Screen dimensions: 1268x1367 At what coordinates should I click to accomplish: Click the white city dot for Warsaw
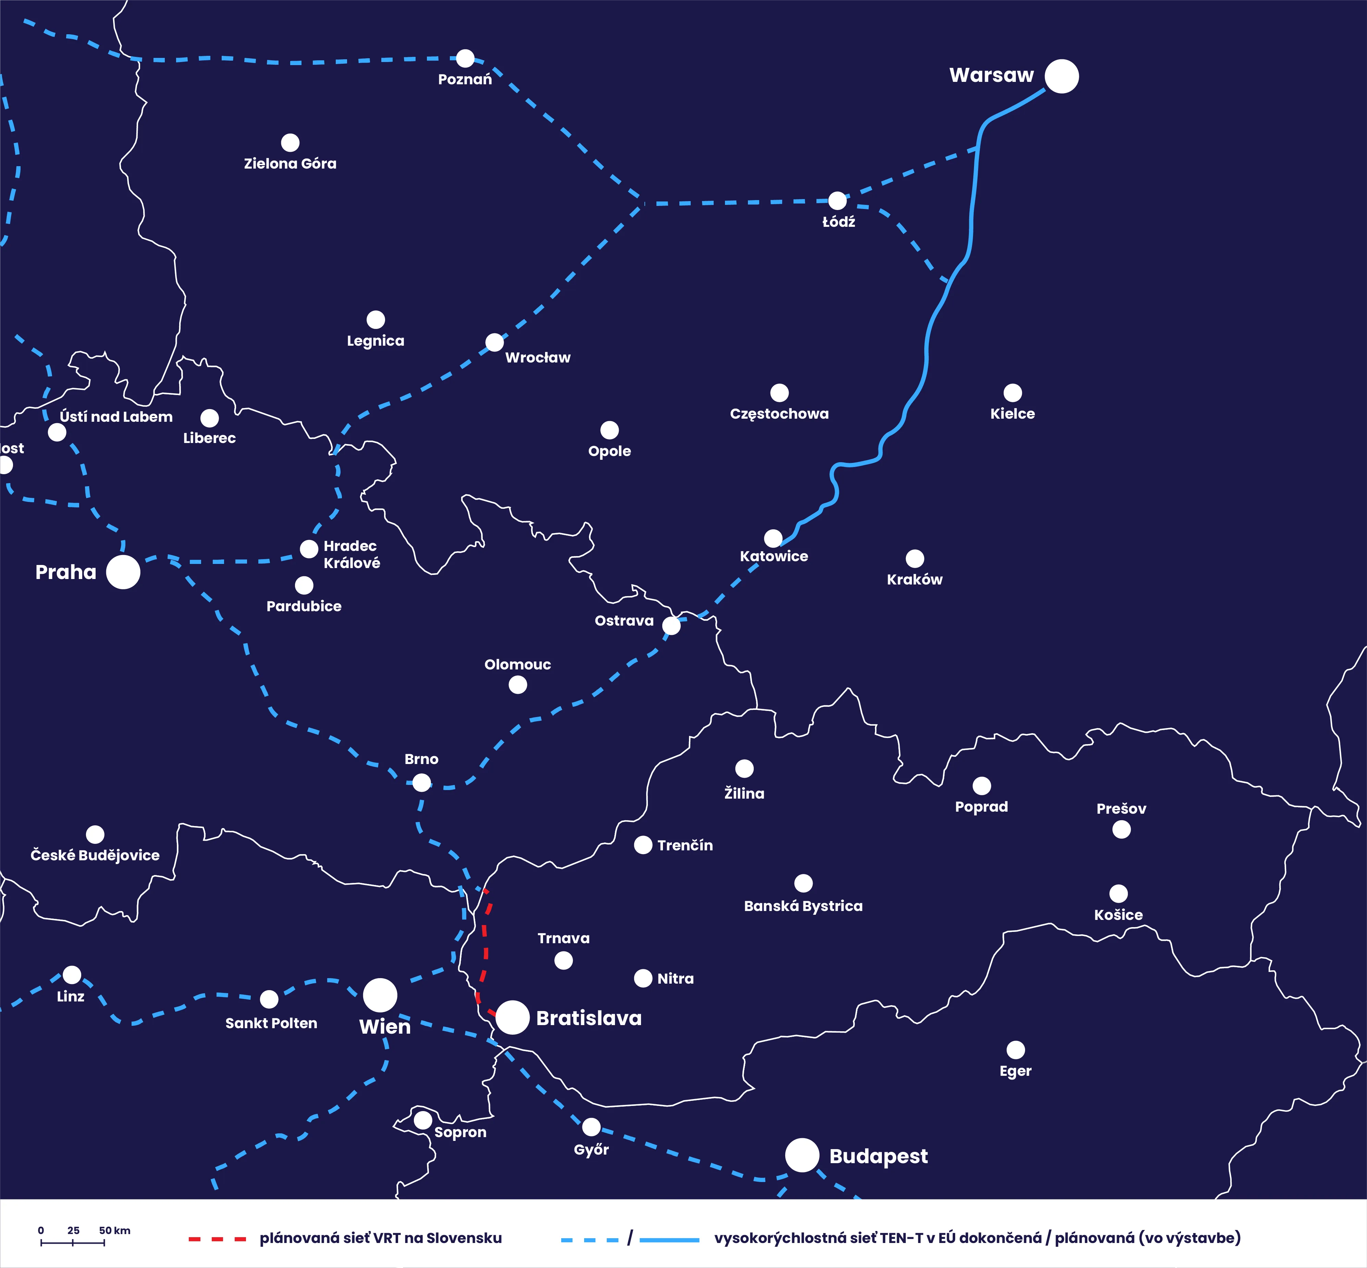pos(1062,76)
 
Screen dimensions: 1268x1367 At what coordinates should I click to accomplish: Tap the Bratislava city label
pos(589,1018)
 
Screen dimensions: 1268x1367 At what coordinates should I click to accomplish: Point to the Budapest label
pos(878,1156)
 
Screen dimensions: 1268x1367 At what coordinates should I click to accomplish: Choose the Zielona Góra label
pos(290,163)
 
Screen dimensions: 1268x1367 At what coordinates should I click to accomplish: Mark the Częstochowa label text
pos(779,414)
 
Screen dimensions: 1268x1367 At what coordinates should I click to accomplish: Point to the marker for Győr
pos(591,1127)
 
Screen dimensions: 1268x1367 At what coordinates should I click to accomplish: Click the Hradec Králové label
pos(352,554)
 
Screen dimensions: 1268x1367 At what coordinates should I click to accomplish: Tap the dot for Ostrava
pos(671,625)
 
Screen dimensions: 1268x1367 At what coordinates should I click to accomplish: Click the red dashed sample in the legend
pos(217,1239)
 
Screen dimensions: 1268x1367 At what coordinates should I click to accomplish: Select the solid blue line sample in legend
pos(669,1239)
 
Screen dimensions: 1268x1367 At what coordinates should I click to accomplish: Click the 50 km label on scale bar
pos(115,1230)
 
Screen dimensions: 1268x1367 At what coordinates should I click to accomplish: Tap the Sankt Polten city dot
pos(269,999)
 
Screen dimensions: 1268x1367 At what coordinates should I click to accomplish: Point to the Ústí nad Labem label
pos(116,417)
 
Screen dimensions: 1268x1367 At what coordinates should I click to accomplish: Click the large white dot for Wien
pos(380,995)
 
